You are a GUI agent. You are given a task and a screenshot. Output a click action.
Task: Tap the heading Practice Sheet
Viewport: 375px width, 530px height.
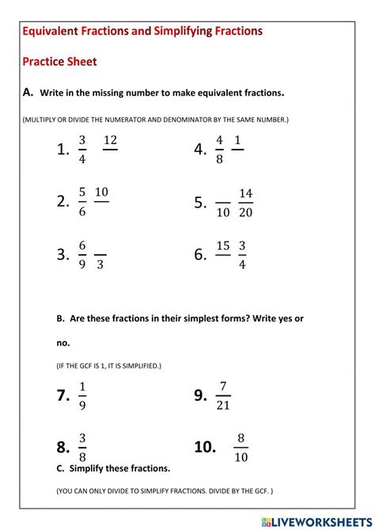tap(59, 61)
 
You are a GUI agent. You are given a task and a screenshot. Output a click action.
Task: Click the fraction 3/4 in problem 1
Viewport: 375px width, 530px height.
tap(81, 149)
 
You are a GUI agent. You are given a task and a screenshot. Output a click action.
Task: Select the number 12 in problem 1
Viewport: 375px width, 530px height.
tap(110, 140)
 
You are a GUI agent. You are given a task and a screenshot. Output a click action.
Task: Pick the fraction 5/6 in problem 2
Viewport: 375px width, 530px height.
tap(81, 200)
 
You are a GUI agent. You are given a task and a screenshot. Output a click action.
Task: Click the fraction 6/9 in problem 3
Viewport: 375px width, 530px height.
tap(81, 254)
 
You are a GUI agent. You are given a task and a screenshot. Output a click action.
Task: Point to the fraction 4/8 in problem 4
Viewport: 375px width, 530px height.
tap(219, 149)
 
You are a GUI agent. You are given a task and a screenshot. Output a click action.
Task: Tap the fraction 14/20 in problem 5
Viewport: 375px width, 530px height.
tap(245, 202)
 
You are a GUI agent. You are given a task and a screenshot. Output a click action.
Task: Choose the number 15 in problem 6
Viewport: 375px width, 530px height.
tap(223, 246)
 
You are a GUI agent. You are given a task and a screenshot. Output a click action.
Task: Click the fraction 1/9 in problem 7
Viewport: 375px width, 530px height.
tap(82, 395)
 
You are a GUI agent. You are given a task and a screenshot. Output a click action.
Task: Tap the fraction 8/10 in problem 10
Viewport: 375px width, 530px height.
tap(241, 447)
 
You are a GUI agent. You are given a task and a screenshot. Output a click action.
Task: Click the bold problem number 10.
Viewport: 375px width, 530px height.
tap(205, 447)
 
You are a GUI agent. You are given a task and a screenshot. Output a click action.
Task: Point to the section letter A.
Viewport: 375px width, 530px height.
tap(28, 93)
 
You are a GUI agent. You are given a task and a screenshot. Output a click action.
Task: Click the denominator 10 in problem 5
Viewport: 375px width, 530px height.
tap(223, 212)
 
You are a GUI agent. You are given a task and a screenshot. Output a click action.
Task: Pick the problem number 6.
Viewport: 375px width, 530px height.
tap(200, 254)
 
